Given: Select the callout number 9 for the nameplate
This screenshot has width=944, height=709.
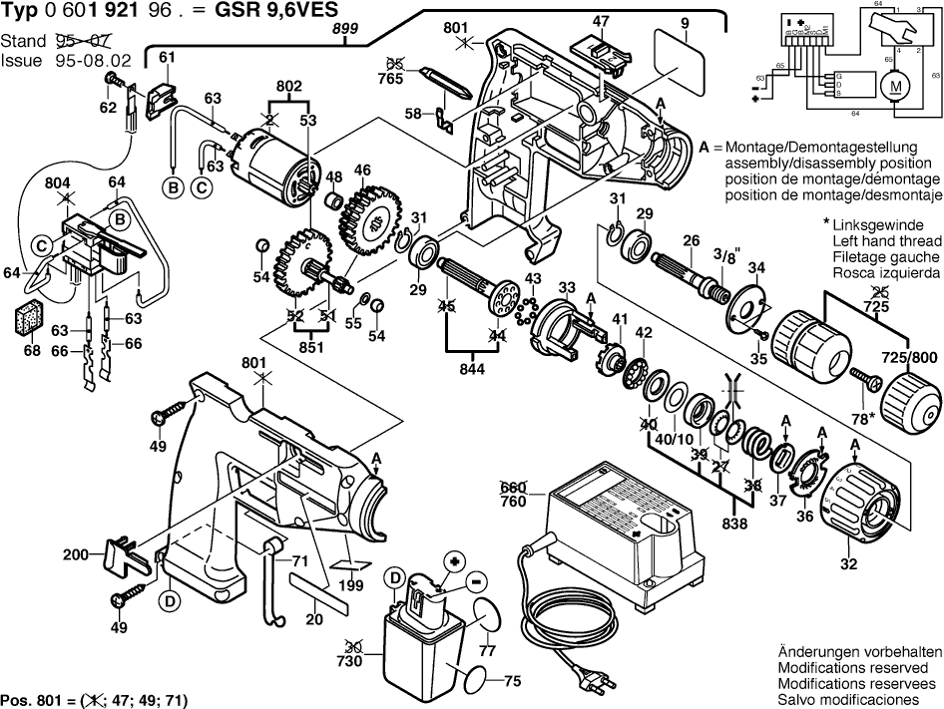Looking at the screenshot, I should click(686, 21).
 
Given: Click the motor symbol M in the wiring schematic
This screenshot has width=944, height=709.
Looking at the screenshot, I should click(895, 87).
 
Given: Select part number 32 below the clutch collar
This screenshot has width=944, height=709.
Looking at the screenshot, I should click(847, 565).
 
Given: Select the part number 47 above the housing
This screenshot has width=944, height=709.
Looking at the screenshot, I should click(601, 21).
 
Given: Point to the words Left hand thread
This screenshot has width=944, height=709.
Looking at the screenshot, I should click(886, 242).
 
